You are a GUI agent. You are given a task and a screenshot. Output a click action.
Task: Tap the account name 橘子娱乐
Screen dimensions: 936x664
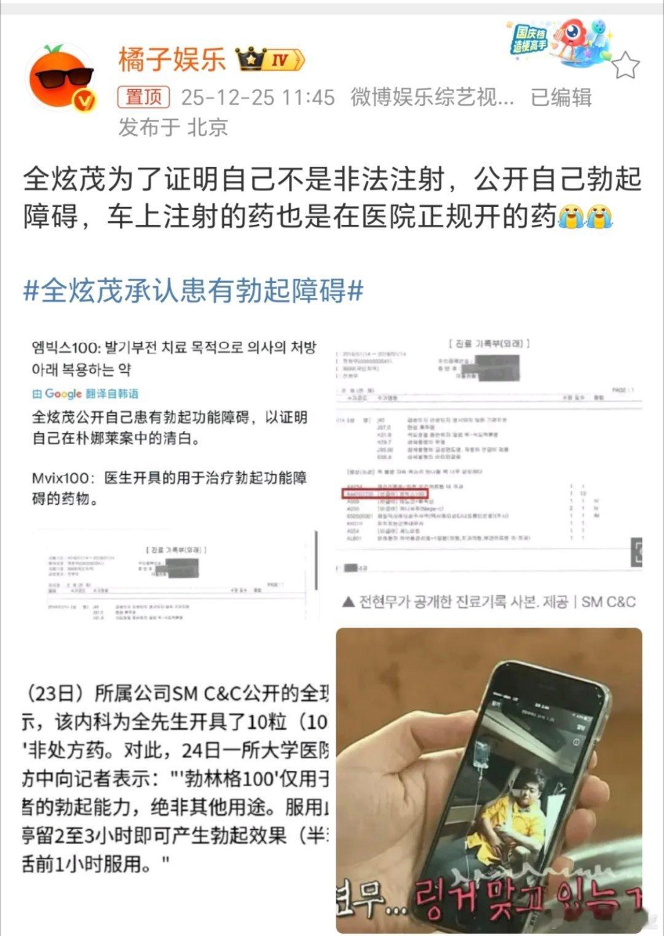(172, 60)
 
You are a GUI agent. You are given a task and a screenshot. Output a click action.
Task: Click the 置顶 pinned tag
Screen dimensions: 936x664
(143, 97)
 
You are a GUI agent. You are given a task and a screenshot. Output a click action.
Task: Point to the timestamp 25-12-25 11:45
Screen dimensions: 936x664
(258, 97)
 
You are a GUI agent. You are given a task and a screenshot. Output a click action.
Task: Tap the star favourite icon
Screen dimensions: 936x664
(625, 65)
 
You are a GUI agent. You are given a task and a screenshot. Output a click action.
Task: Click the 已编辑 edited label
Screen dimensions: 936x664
(561, 97)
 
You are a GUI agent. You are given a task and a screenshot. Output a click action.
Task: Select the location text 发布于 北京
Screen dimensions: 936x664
(173, 127)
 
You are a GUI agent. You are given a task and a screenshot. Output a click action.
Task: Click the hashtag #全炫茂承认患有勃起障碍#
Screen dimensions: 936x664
(193, 290)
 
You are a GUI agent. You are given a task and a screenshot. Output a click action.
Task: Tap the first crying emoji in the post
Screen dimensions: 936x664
(571, 217)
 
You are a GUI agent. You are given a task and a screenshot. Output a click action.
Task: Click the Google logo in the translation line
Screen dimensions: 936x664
(63, 394)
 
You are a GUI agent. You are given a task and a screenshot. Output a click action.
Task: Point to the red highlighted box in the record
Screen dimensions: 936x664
(384, 493)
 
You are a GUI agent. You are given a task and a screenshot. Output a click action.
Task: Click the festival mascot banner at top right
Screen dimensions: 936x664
(559, 40)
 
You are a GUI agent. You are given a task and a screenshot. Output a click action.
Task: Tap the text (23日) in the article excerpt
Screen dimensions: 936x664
(55, 693)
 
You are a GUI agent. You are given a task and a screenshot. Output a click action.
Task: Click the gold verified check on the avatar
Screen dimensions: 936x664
(85, 100)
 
